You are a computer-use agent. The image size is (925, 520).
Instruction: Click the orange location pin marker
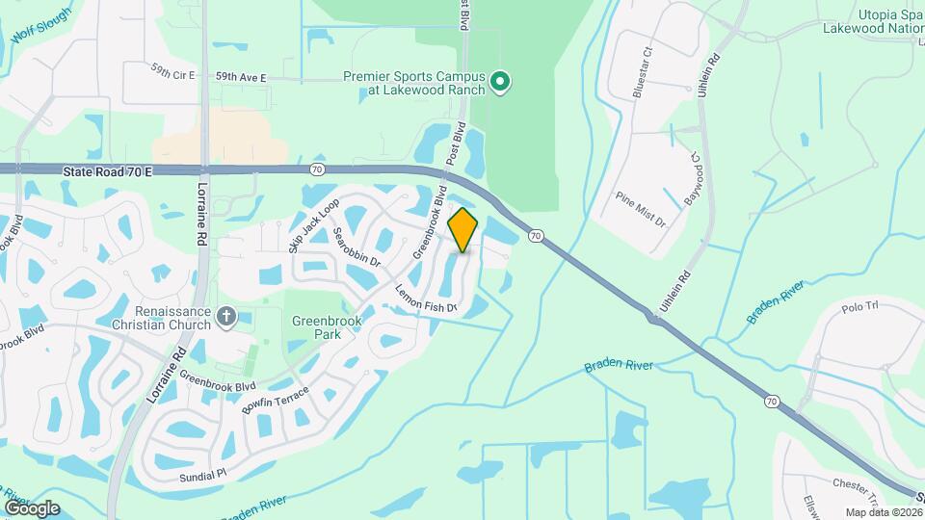463,230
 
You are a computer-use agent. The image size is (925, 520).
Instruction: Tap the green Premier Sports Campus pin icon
499,83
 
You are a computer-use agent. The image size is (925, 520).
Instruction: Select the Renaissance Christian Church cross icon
225,316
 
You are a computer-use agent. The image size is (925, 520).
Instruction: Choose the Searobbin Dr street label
357,247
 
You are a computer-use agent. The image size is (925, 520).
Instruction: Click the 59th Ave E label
240,76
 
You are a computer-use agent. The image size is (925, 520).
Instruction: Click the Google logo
32,507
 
